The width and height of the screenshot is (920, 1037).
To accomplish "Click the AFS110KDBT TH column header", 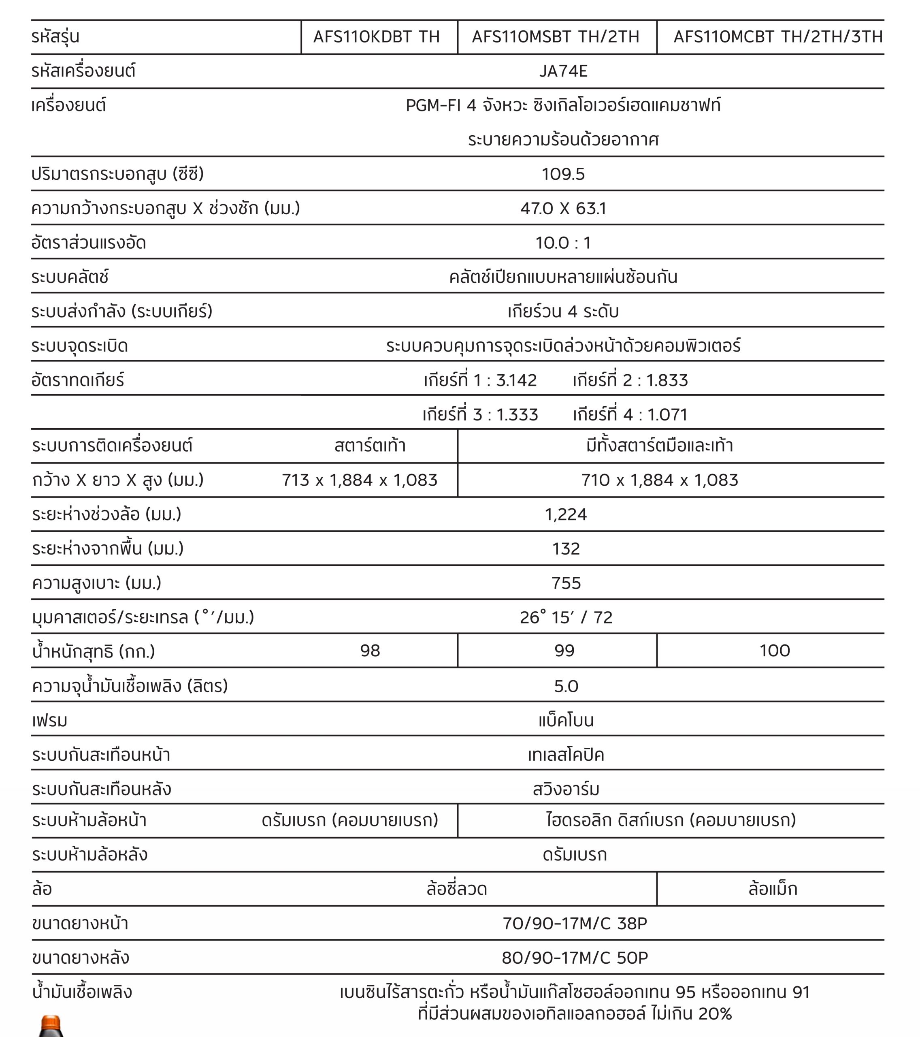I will click(376, 36).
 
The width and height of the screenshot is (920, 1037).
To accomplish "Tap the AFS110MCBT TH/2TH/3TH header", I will click(778, 36).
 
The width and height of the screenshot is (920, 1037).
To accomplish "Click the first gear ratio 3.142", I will click(516, 380).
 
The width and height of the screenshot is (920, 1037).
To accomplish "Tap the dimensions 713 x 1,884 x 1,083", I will click(360, 480).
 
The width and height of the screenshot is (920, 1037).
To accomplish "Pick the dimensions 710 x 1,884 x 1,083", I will click(659, 480).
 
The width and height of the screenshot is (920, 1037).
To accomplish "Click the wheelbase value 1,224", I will click(566, 514).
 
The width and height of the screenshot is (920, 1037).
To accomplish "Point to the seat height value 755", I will click(566, 583).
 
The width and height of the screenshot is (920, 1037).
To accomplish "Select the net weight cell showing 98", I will click(370, 651).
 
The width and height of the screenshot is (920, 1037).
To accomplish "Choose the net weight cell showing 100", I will click(775, 651).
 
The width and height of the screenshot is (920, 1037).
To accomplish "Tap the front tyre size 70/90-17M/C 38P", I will click(575, 923).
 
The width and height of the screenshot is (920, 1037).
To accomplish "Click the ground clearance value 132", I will click(566, 549).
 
